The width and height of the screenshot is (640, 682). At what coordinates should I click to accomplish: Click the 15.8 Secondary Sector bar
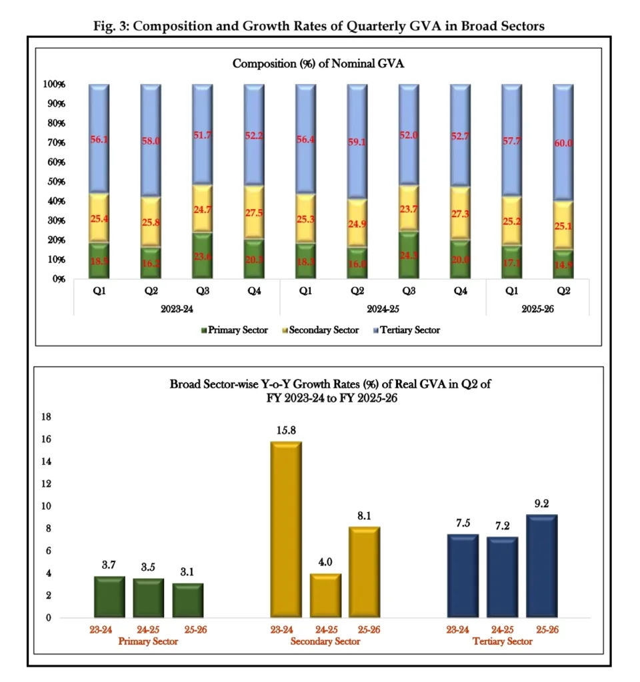click(285, 529)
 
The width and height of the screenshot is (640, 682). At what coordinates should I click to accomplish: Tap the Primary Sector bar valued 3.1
click(189, 600)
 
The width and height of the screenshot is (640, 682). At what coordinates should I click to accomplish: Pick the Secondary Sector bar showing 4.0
click(325, 595)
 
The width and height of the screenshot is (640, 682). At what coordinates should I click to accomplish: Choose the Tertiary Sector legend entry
click(406, 330)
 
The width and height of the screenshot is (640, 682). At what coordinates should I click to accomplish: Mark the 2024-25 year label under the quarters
click(383, 310)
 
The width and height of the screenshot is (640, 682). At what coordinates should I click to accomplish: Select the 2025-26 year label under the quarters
click(538, 310)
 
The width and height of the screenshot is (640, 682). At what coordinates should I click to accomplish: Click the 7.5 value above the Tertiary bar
click(462, 523)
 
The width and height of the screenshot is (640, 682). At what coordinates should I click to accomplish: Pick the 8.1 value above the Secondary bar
click(364, 515)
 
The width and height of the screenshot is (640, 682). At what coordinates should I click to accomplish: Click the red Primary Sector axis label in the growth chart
click(148, 641)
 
